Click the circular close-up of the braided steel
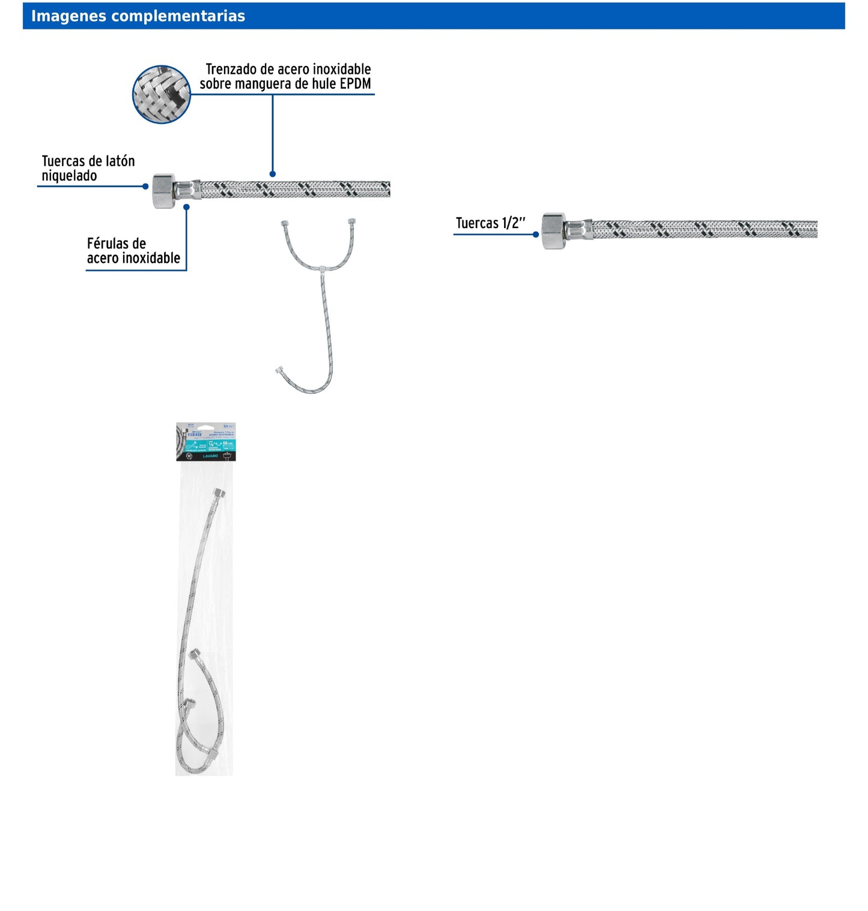click(x=161, y=94)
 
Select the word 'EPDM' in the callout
click(x=355, y=84)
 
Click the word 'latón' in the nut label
click(x=120, y=161)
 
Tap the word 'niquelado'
click(x=69, y=176)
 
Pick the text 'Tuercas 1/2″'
click(x=490, y=223)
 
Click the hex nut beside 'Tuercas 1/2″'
click(x=554, y=230)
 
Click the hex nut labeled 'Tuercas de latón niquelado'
click(x=163, y=191)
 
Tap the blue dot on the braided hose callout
click(x=273, y=174)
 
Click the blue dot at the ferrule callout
click(x=186, y=207)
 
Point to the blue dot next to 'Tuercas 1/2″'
click(x=536, y=235)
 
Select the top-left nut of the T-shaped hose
click(x=284, y=224)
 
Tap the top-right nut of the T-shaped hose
click(x=352, y=221)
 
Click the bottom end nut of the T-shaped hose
click(x=279, y=370)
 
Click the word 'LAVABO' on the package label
click(x=210, y=456)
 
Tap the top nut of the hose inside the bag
click(x=220, y=493)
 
